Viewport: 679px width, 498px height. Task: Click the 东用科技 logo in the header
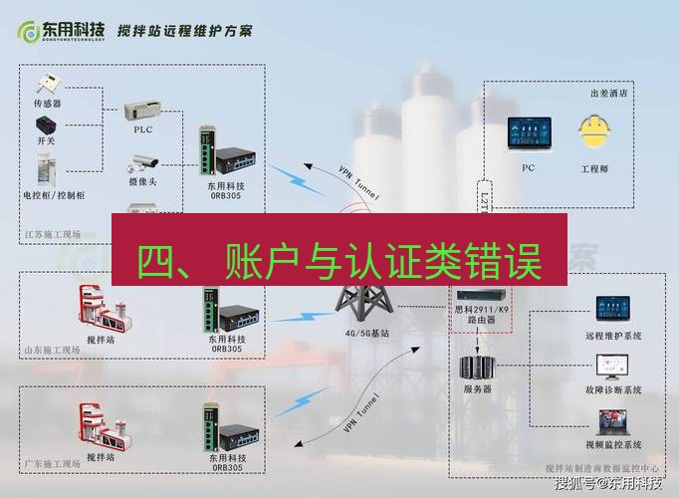(x=61, y=30)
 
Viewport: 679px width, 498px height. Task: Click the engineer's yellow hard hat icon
(x=594, y=134)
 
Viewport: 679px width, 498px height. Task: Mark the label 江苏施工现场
(x=51, y=237)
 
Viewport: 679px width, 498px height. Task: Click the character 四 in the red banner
(x=158, y=262)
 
